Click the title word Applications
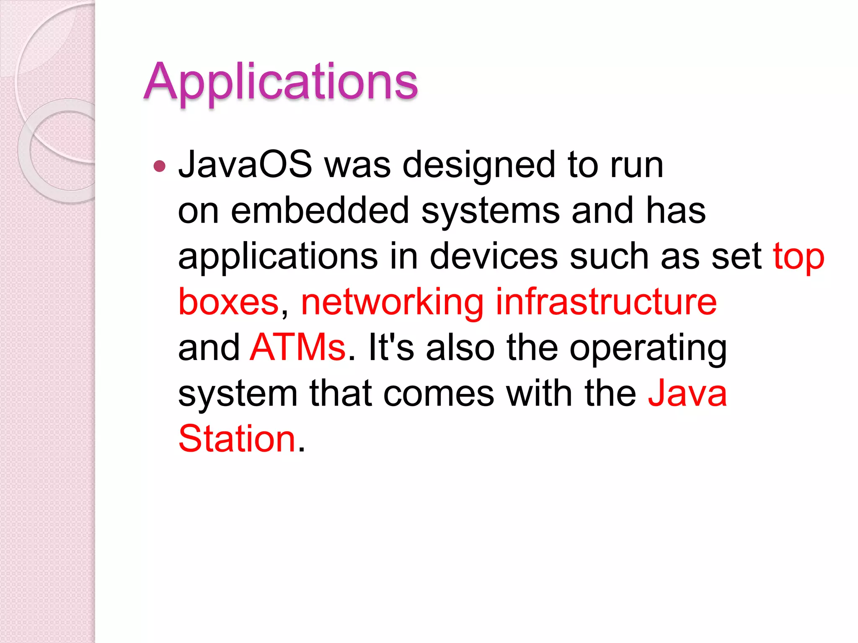pos(281,81)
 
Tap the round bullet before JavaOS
pos(160,166)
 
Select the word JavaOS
pos(245,165)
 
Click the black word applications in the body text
pos(278,256)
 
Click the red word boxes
pos(229,302)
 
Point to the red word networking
pos(392,302)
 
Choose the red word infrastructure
pos(606,302)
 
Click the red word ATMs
pos(297,347)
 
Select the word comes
pos(439,394)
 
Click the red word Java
pos(687,394)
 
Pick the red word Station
pos(237,439)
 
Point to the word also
pos(460,347)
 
